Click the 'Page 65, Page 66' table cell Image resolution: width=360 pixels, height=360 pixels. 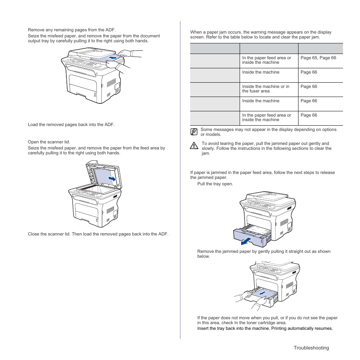pos(318,58)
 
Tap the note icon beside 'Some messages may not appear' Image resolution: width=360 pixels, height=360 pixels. pos(194,132)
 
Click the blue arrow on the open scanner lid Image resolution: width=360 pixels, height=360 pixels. pos(112,178)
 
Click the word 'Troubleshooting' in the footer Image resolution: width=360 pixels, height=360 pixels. pos(311,348)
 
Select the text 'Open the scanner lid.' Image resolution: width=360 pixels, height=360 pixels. pos(49,142)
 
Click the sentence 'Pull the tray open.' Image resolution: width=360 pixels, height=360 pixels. pos(215,184)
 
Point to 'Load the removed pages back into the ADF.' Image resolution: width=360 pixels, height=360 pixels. pos(71,125)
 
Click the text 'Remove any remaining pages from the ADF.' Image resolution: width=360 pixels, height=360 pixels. pos(72,30)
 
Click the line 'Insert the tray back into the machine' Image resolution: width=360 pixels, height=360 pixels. pos(265,328)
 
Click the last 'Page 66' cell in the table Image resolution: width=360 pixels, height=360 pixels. pos(309,115)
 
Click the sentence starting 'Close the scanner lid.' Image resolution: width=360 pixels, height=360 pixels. pos(98,234)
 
